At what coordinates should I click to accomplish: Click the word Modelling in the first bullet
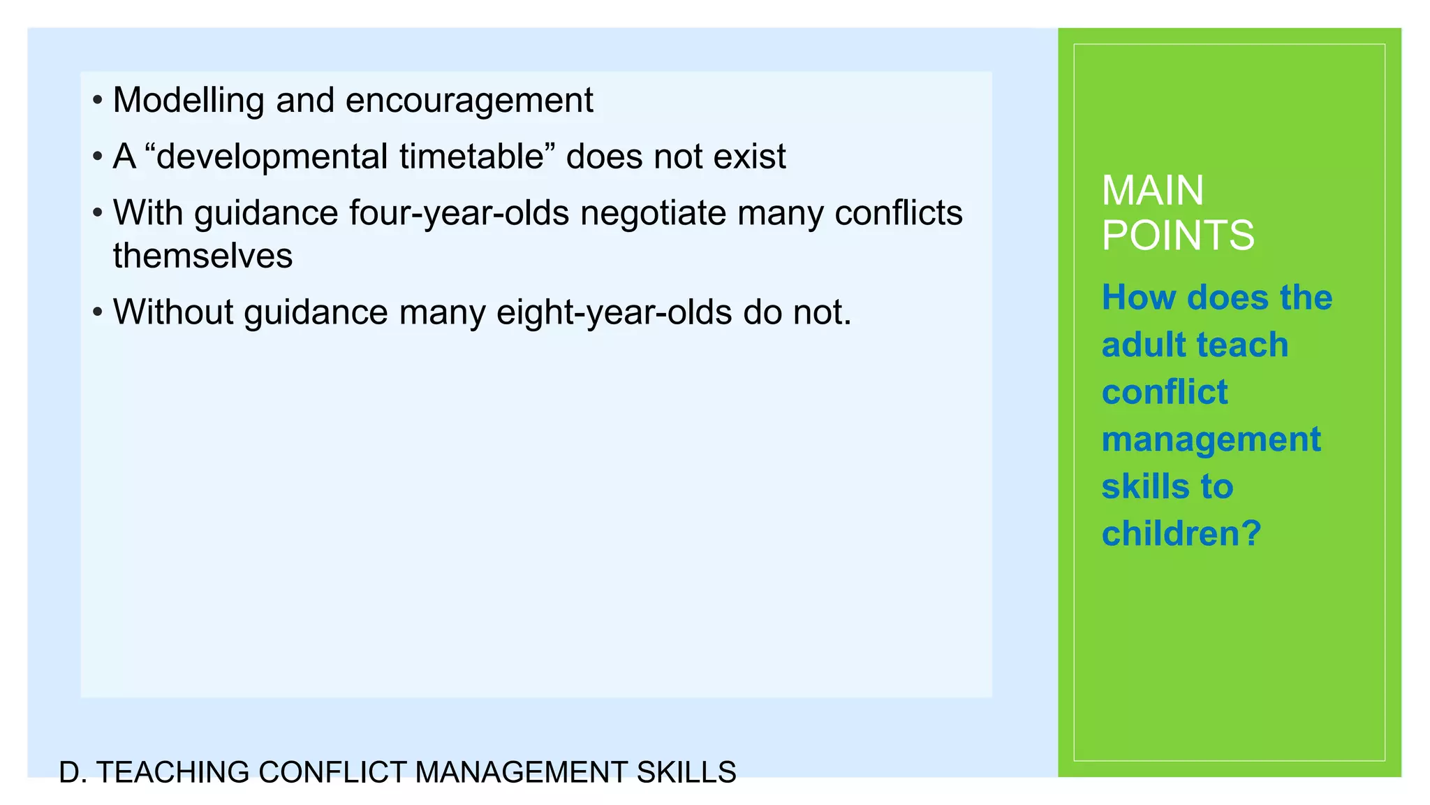click(189, 100)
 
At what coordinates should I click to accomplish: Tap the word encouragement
click(469, 100)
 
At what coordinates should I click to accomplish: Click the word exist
click(749, 156)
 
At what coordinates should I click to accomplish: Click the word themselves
click(202, 255)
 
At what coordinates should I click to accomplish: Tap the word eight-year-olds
click(614, 312)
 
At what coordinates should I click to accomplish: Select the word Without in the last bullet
click(173, 312)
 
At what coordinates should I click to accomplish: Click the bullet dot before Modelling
click(98, 100)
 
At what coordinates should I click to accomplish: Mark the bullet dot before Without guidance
click(98, 312)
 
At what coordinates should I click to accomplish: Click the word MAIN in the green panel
click(1153, 190)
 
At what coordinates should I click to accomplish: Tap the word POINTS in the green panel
click(1178, 235)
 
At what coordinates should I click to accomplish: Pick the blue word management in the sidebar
click(1211, 439)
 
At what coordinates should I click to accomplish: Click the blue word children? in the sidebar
click(1181, 533)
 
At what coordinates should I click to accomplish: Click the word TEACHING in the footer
click(172, 772)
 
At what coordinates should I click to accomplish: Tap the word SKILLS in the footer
click(686, 772)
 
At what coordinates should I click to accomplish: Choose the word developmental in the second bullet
click(272, 156)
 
